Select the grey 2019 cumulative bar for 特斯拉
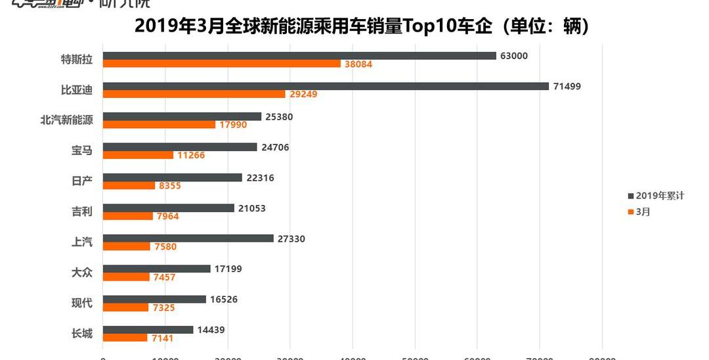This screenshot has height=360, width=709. (299, 56)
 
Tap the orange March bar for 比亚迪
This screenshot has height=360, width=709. (194, 94)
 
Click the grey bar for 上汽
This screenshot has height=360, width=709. (188, 238)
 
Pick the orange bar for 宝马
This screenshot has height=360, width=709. (138, 155)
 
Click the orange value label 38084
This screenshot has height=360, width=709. (358, 64)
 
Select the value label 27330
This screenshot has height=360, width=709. (291, 238)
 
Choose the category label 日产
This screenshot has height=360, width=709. (81, 181)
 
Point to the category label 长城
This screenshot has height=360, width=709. (81, 333)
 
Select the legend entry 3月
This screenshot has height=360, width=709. (643, 212)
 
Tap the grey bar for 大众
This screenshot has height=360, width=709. (156, 269)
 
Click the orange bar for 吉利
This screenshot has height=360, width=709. (127, 215)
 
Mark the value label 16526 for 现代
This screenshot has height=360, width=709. (224, 300)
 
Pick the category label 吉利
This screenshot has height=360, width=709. (81, 212)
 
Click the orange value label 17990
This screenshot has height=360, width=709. (233, 125)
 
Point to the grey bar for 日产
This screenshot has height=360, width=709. (172, 177)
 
